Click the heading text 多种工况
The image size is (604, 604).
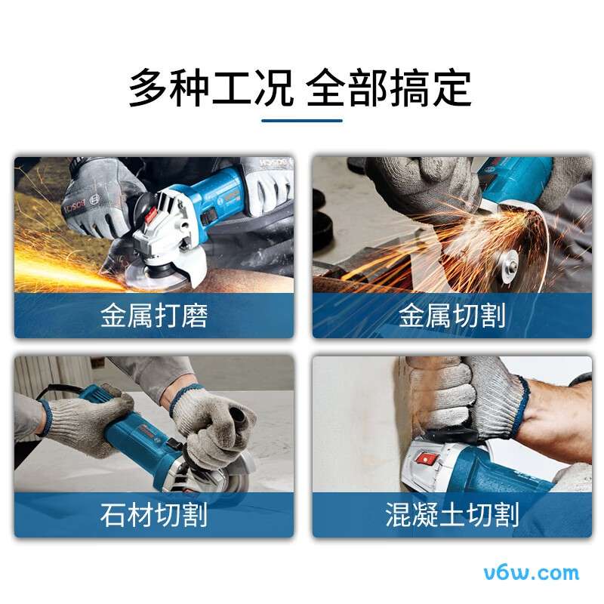(x=211, y=89)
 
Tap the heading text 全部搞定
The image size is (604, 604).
(x=389, y=89)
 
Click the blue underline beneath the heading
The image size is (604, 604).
(x=301, y=119)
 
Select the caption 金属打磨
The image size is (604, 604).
(x=154, y=316)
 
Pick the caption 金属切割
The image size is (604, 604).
(x=452, y=316)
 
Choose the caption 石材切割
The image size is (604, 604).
(x=154, y=516)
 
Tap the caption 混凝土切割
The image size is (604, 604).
(x=452, y=516)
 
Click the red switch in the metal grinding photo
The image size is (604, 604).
(x=149, y=220)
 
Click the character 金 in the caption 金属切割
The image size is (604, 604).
(x=412, y=316)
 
